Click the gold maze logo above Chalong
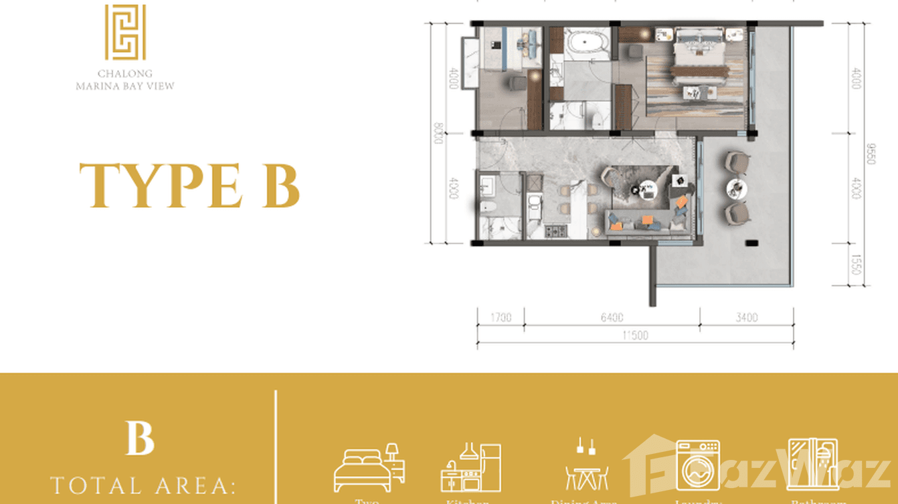pos(124,33)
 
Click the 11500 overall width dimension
pos(634,336)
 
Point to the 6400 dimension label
pos(612,318)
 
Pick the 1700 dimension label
pos(500,318)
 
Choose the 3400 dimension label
pos(747,318)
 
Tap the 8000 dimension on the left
pos(438,132)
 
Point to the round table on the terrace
pos(737,186)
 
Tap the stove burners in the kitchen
pos(555,231)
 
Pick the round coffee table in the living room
pos(646,190)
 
